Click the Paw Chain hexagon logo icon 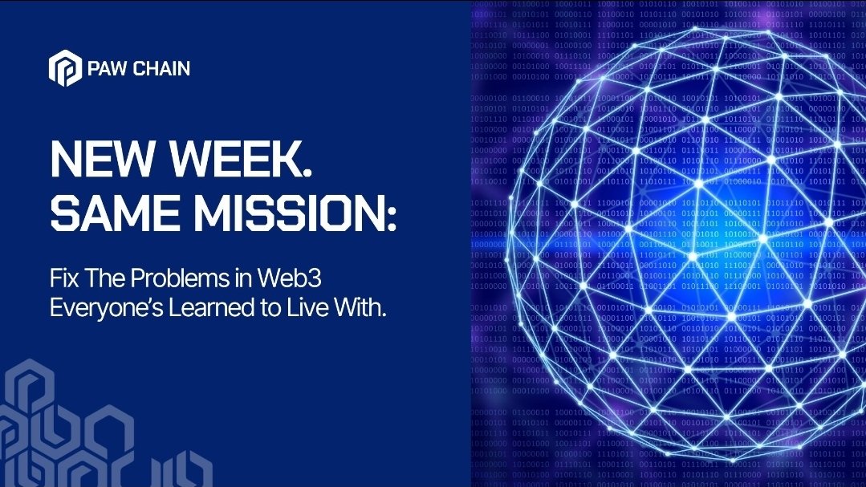pos(65,68)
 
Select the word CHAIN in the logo pos(162,68)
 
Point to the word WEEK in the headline pos(233,159)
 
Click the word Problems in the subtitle pos(180,278)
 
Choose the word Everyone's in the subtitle pos(107,308)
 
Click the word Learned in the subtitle pos(213,307)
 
